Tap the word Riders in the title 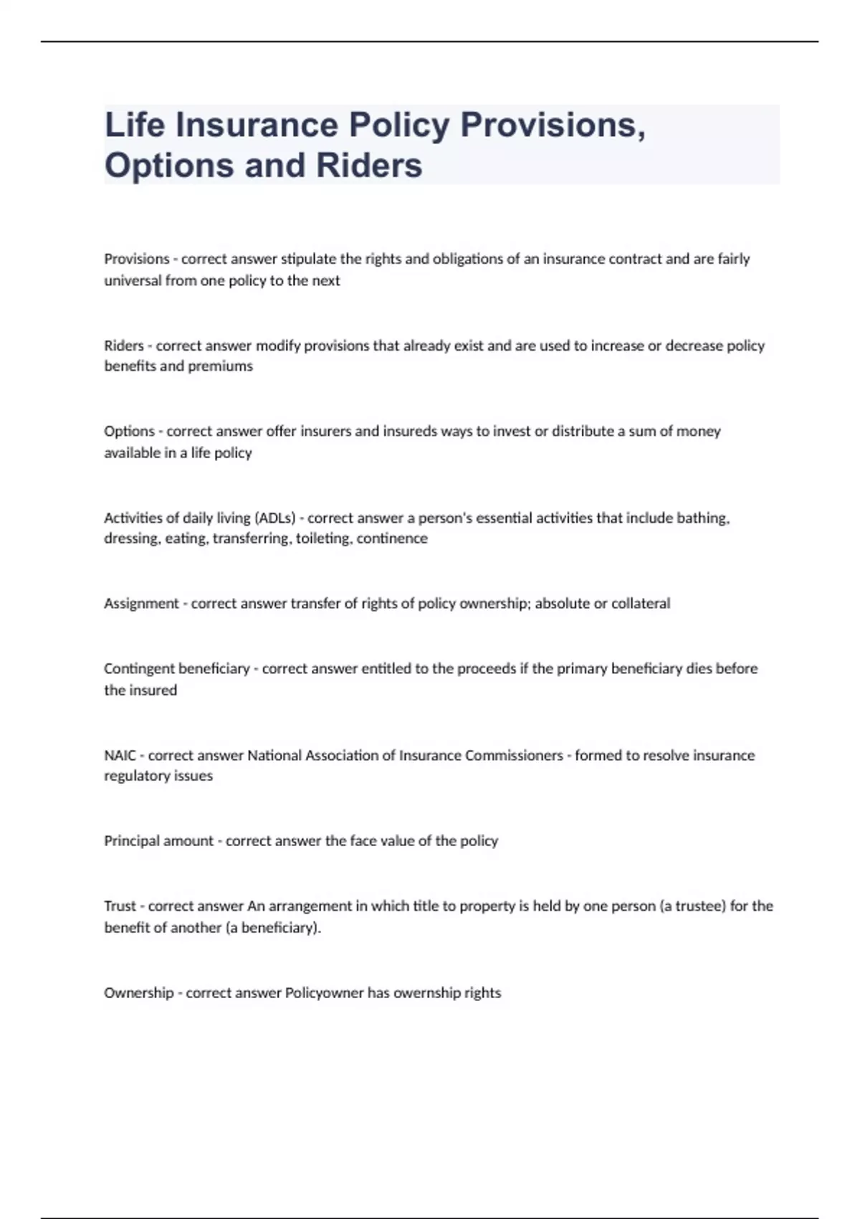[x=369, y=165]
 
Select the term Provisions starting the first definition [x=137, y=259]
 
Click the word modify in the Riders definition [x=278, y=346]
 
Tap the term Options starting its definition [x=129, y=432]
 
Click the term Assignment [x=141, y=604]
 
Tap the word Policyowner [x=324, y=993]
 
